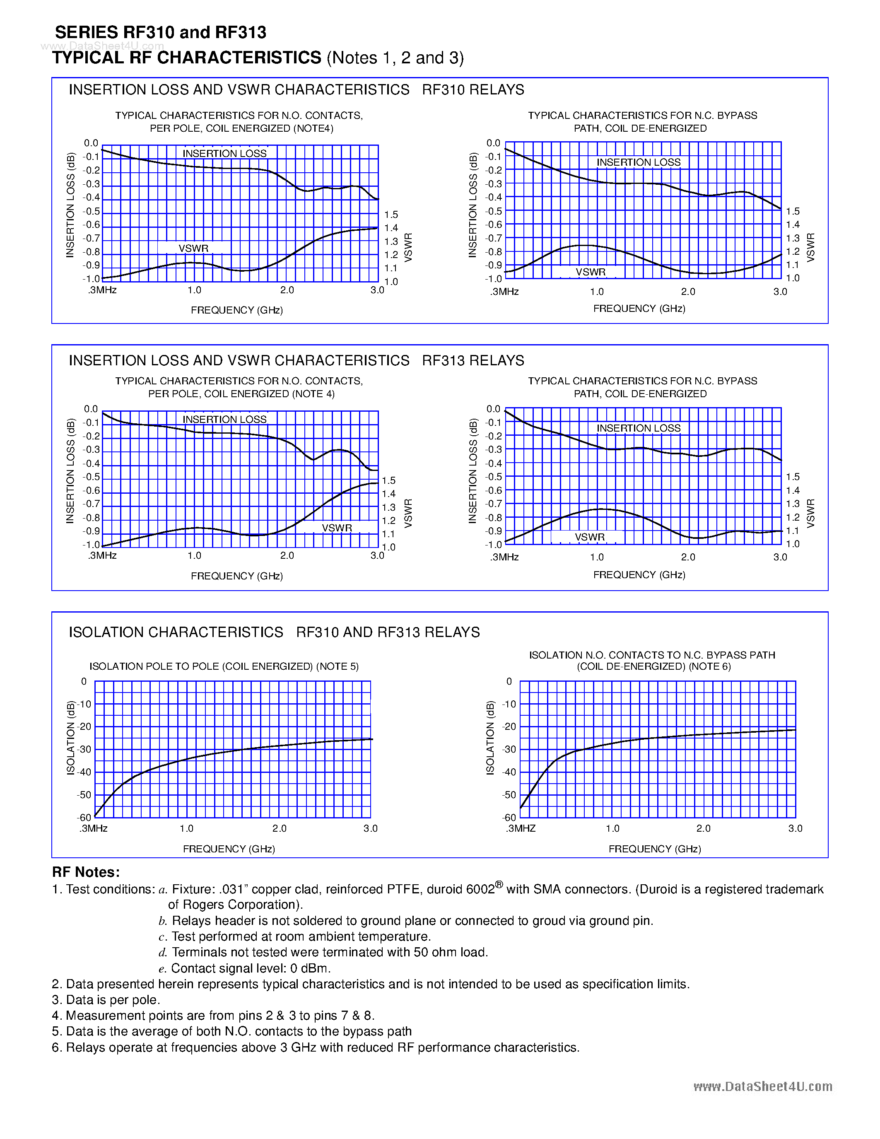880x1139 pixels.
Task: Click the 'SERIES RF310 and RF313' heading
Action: tap(161, 32)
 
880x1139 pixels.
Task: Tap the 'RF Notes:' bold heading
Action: tap(86, 872)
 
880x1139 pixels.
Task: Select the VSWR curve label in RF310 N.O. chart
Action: tap(193, 248)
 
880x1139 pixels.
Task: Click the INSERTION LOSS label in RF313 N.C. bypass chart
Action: tap(638, 428)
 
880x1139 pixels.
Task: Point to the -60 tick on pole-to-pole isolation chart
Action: tap(84, 817)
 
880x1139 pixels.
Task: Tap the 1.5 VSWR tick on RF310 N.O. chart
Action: tap(391, 215)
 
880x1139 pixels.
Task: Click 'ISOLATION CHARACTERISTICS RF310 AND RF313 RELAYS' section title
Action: tap(274, 632)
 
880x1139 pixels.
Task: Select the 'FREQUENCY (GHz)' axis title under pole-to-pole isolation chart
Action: tap(229, 849)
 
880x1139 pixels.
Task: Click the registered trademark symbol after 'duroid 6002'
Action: tap(499, 885)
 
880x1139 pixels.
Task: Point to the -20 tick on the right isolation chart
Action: tap(509, 726)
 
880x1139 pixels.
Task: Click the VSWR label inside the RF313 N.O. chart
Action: tap(337, 528)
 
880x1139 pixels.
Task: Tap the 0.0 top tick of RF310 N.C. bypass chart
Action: tap(493, 143)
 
